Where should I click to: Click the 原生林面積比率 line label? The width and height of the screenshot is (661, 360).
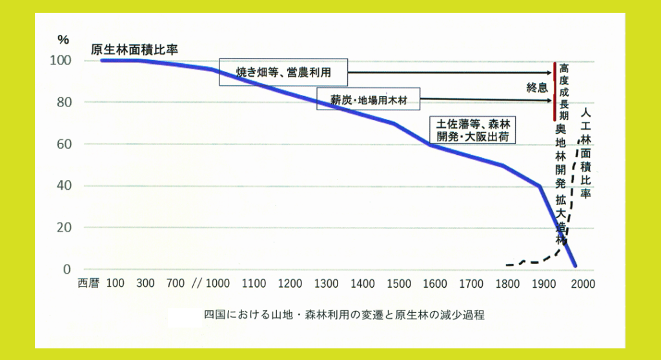tap(134, 50)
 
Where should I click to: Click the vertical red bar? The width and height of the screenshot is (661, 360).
tap(555, 92)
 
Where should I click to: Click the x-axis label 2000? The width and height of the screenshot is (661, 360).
tap(583, 283)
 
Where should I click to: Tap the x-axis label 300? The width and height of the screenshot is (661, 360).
tap(146, 283)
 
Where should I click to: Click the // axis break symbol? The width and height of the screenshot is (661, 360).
tap(197, 283)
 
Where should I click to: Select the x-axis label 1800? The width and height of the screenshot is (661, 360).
tap(510, 283)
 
